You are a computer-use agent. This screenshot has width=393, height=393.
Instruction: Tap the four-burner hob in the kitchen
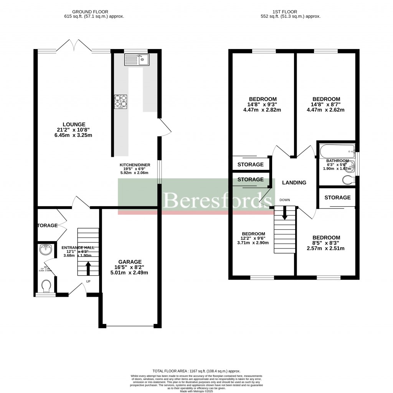(x=120, y=101)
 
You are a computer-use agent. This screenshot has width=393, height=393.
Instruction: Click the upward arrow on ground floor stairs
(x=88, y=268)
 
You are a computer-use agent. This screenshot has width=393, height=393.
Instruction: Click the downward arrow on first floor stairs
(x=284, y=213)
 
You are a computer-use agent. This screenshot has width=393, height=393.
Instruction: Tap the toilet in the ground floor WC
(x=46, y=286)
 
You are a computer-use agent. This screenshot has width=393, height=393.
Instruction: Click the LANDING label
(x=294, y=183)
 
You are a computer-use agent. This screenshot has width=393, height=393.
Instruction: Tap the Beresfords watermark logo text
(x=218, y=199)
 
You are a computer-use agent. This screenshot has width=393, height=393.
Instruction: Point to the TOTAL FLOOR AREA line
(x=196, y=371)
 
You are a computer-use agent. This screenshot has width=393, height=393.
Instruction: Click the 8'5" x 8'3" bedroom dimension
(x=326, y=243)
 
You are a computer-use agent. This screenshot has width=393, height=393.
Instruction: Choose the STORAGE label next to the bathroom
(x=337, y=197)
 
